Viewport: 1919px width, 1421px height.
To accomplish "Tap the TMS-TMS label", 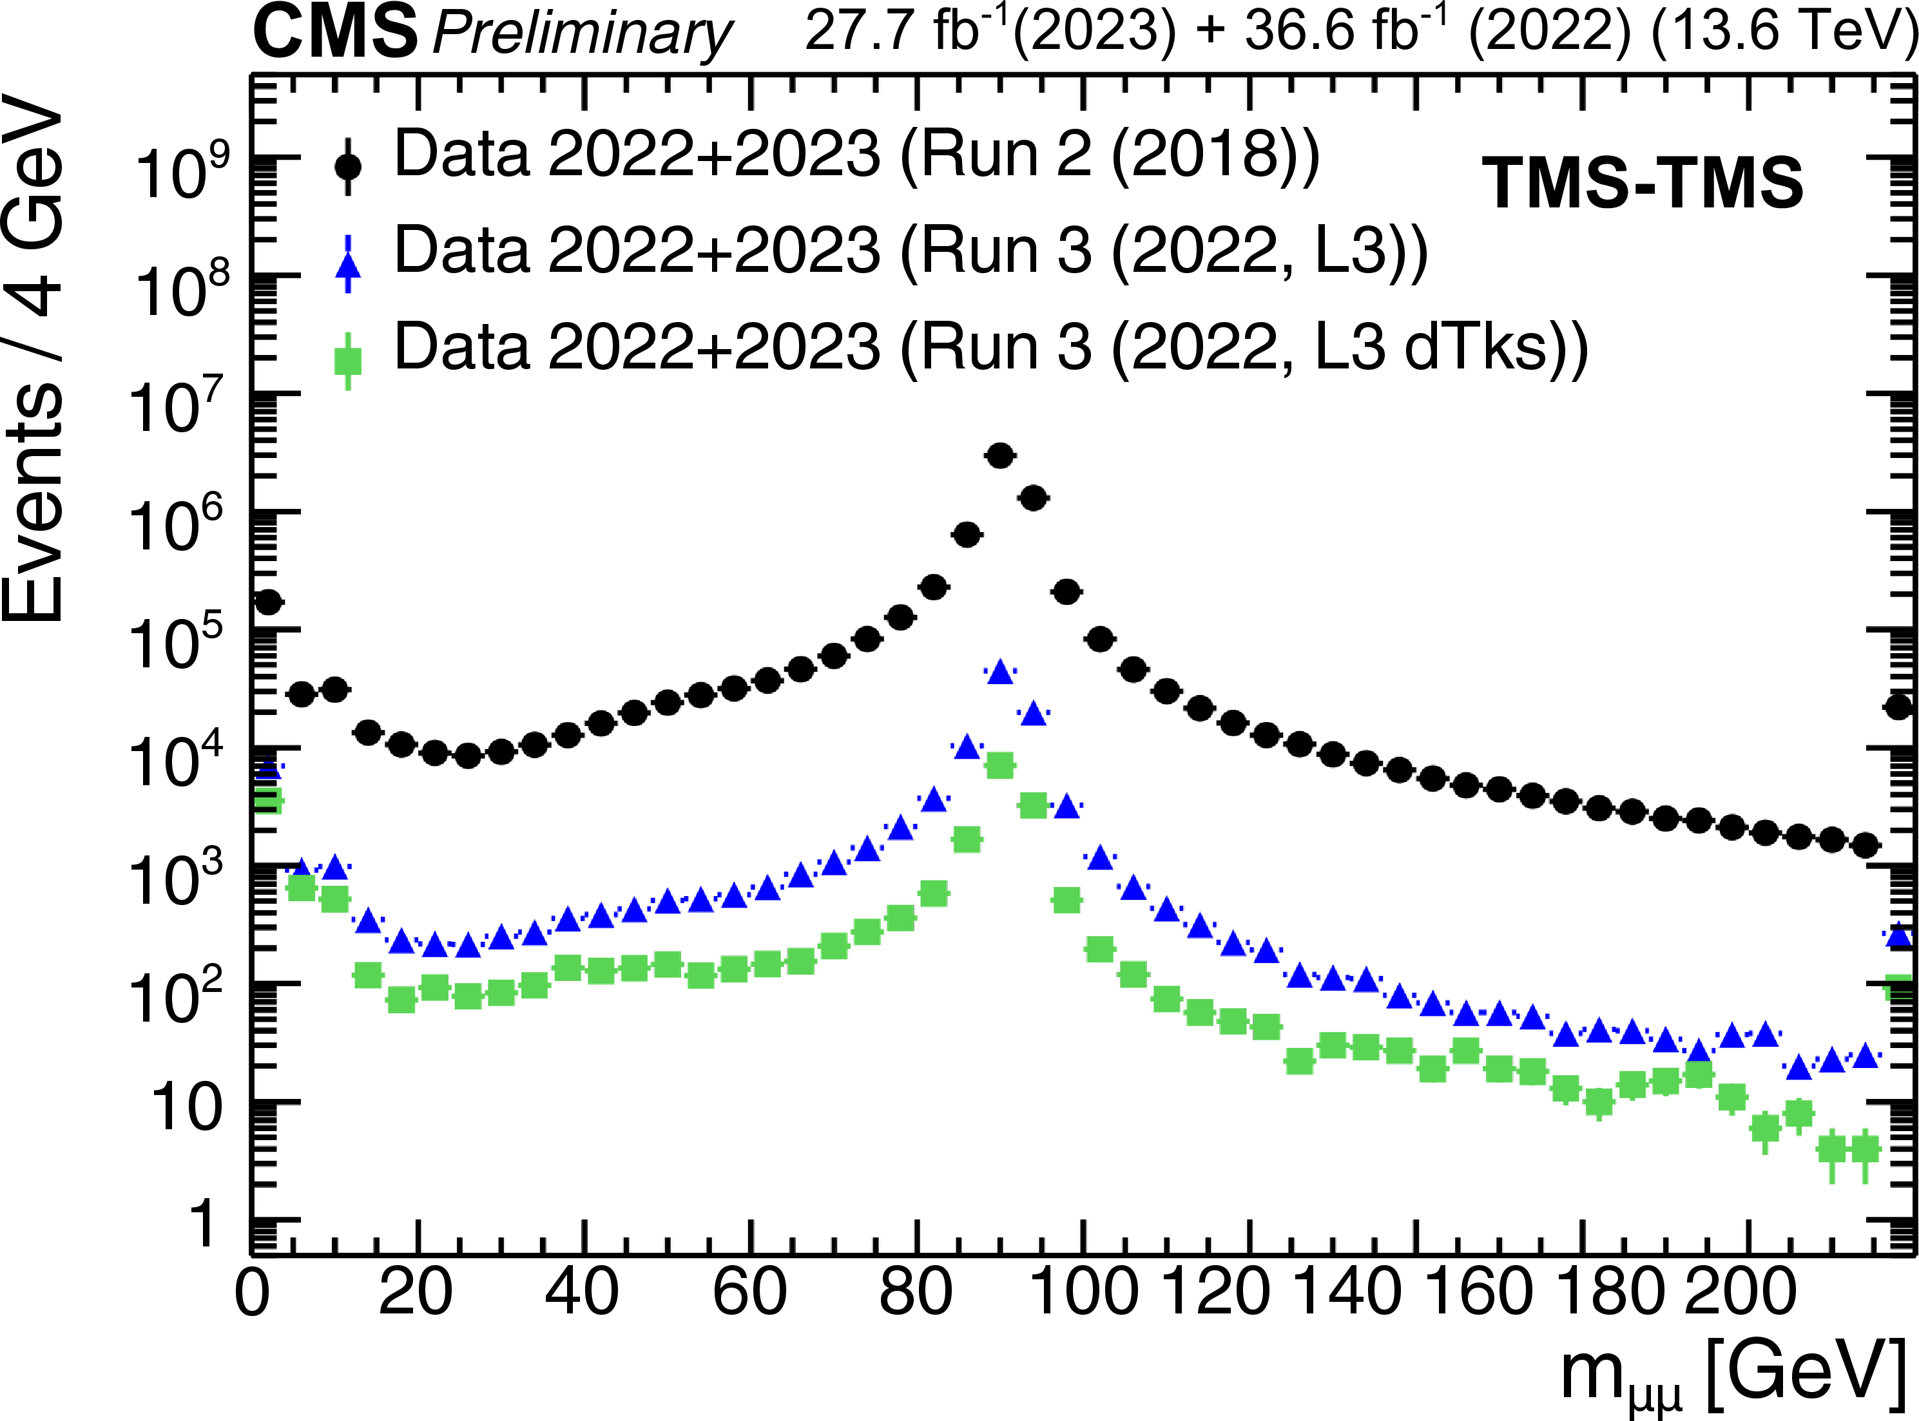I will pyautogui.click(x=1643, y=183).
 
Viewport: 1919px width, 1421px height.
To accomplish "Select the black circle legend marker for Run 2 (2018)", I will pyautogui.click(x=348, y=165).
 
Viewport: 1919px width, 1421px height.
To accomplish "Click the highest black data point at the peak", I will pyautogui.click(x=999, y=456).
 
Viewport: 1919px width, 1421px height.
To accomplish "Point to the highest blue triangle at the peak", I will pyautogui.click(x=999, y=672).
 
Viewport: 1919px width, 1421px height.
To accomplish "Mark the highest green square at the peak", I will pyautogui.click(x=999, y=765).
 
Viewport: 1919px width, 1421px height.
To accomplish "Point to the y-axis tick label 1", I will pyautogui.click(x=203, y=1224).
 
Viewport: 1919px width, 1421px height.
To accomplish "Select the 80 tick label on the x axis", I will pyautogui.click(x=916, y=1293).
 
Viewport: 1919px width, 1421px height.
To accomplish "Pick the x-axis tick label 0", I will pyautogui.click(x=252, y=1293).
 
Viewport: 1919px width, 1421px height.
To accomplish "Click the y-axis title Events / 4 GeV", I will pyautogui.click(x=34, y=361).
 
